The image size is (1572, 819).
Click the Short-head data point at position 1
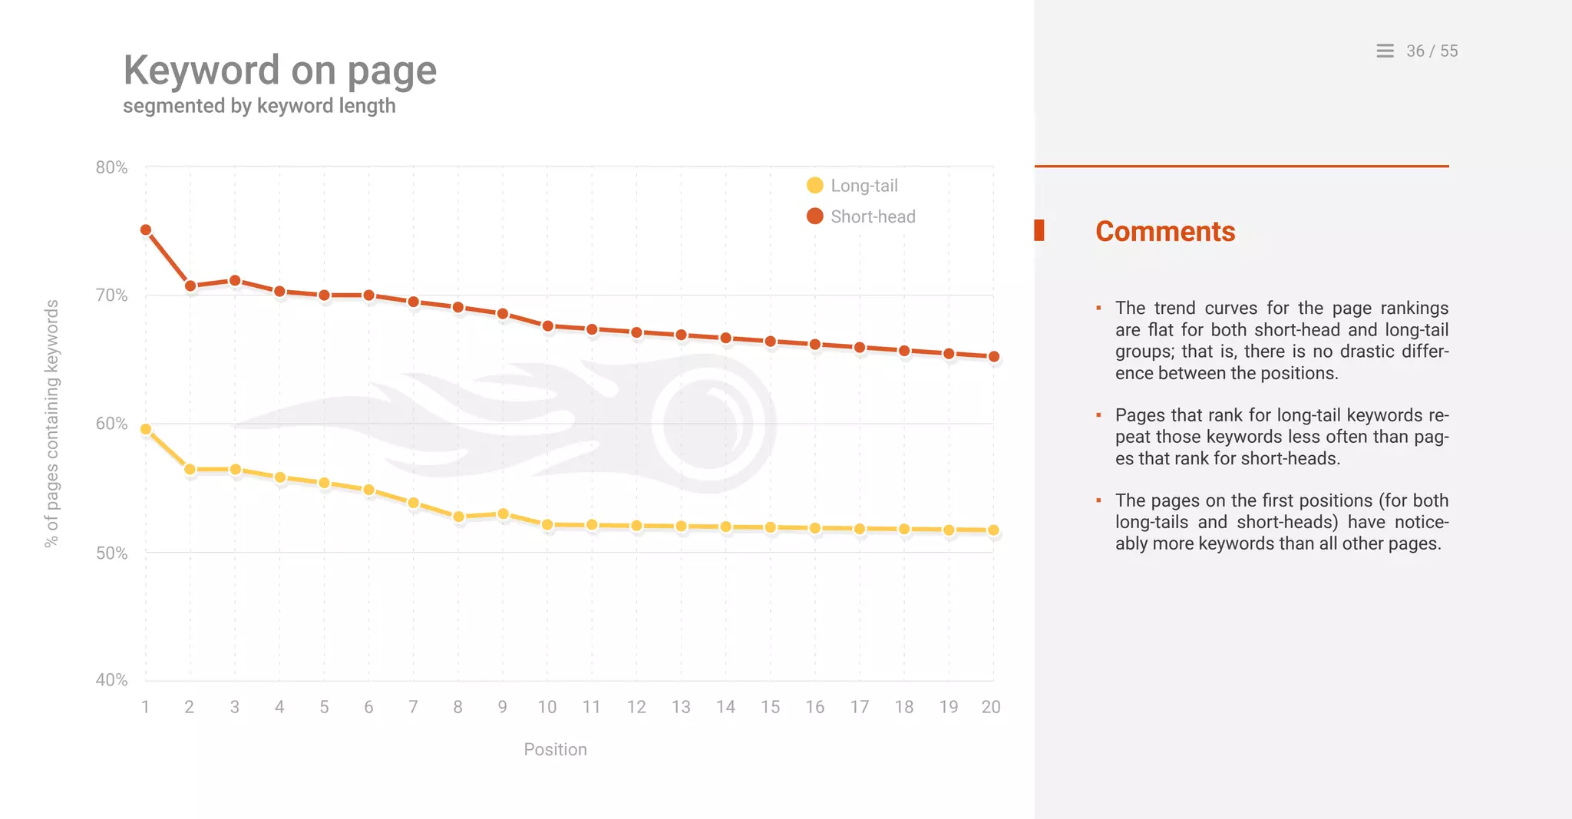[146, 230]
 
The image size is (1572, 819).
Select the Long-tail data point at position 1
[146, 429]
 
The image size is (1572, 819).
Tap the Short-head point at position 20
[993, 356]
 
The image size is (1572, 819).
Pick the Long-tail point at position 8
[458, 517]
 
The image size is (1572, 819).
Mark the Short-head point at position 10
[547, 326]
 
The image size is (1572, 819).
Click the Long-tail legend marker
[815, 186]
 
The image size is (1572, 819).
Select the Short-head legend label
[873, 216]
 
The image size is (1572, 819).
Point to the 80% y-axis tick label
[111, 167]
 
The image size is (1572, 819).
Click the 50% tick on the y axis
[111, 553]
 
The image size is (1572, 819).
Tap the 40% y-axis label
[111, 680]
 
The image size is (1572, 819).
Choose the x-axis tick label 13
[681, 707]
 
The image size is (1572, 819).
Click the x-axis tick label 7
[413, 707]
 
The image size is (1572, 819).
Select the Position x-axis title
[555, 749]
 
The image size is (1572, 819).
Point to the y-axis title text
[51, 423]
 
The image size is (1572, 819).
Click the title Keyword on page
[280, 71]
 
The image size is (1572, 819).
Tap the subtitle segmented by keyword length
[259, 106]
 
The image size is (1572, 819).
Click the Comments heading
[1165, 232]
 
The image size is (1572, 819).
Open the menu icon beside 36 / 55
[1385, 51]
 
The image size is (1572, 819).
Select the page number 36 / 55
[1432, 51]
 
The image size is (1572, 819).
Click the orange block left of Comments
[1039, 230]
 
